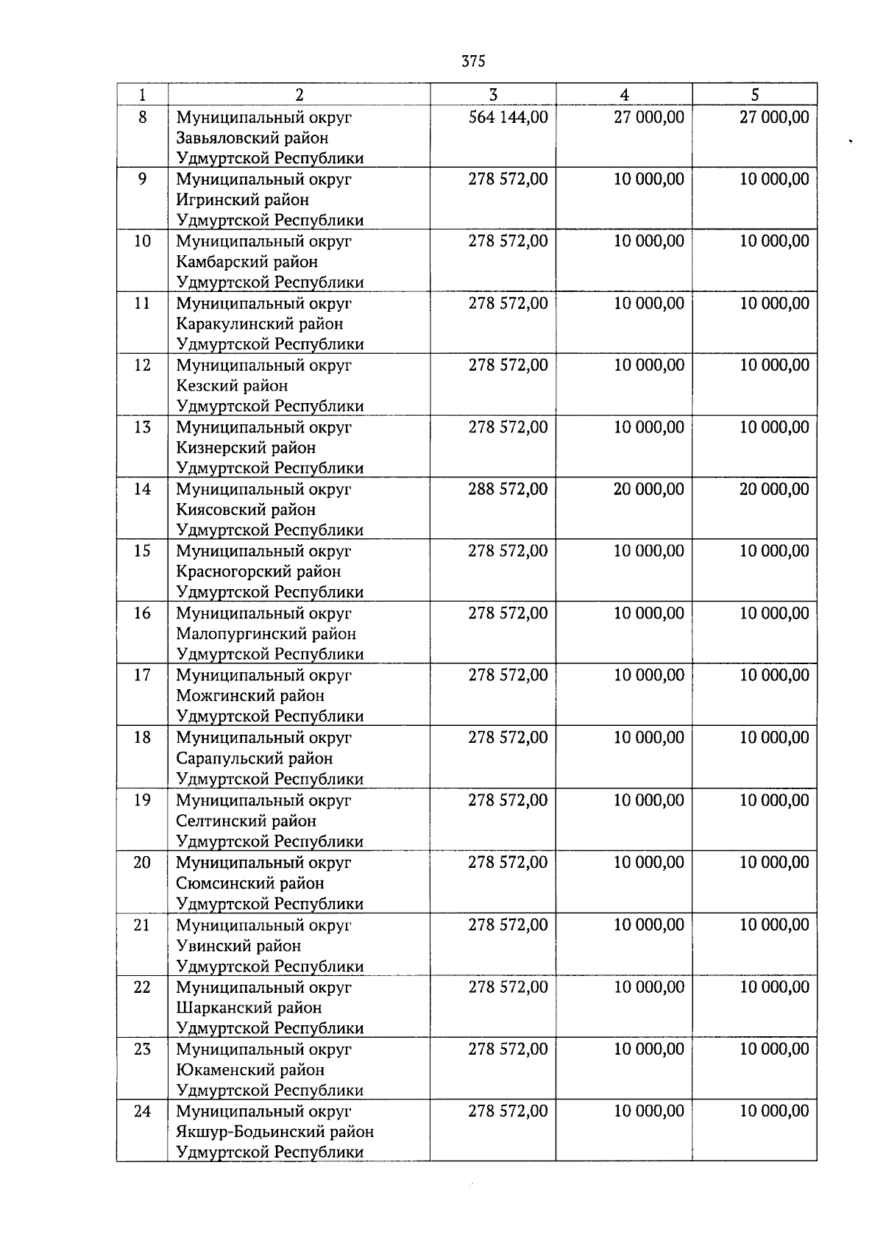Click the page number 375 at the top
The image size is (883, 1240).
pos(473,62)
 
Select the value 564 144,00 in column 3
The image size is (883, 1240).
pos(508,118)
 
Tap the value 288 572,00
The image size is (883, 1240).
pos(508,490)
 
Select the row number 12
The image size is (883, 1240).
pos(142,366)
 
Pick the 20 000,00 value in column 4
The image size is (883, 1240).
pos(648,490)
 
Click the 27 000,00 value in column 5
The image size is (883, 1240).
pos(774,118)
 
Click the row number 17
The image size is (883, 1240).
pos(142,675)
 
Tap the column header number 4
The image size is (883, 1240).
pos(624,94)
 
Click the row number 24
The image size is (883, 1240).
pos(142,1111)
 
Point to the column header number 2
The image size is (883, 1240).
pos(299,94)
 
